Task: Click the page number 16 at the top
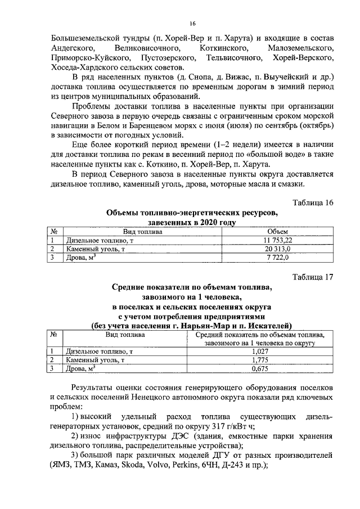pyautogui.click(x=192, y=23)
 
